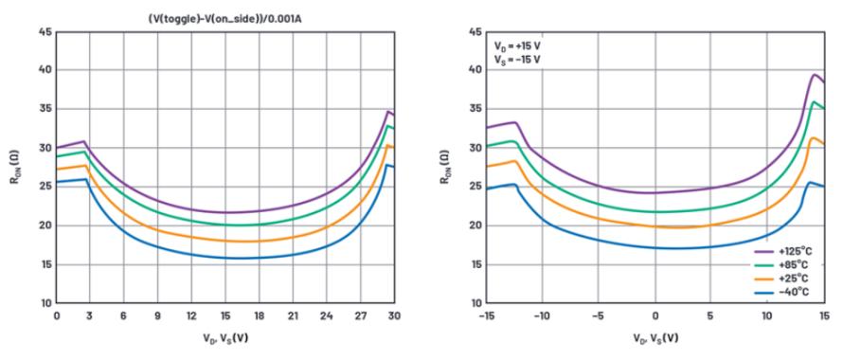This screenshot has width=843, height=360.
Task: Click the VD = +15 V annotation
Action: click(517, 46)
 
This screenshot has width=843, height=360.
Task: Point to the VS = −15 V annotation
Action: click(517, 60)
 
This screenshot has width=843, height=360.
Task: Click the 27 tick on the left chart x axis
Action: click(361, 315)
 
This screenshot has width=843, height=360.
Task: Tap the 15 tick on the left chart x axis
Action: click(225, 315)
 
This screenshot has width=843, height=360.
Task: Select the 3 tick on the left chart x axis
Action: click(90, 315)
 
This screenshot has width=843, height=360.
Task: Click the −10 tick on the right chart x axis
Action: click(541, 315)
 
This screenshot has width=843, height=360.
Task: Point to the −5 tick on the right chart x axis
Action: click(598, 315)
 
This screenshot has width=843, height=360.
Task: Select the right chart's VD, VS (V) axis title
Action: click(655, 338)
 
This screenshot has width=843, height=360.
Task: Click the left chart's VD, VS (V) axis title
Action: click(225, 338)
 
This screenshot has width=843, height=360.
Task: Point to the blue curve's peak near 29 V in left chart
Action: click(386, 165)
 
